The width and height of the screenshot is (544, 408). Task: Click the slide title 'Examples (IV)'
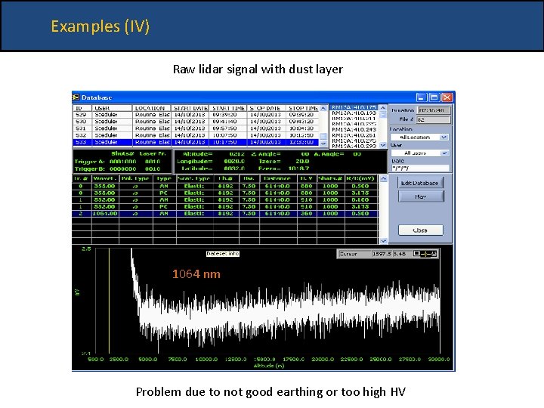pyautogui.click(x=100, y=26)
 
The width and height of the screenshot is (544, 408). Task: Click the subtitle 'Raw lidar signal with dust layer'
pyautogui.click(x=258, y=70)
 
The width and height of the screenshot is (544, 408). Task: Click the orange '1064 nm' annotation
pyautogui.click(x=196, y=274)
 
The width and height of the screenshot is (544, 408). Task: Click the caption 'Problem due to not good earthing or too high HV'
pyautogui.click(x=270, y=391)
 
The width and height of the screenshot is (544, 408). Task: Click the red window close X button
pyautogui.click(x=447, y=97)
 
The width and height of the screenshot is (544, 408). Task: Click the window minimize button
pyautogui.click(x=420, y=97)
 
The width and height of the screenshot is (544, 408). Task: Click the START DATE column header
pyautogui.click(x=191, y=109)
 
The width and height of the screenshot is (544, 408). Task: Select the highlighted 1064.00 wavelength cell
pyautogui.click(x=104, y=214)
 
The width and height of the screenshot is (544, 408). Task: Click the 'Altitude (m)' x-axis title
pyautogui.click(x=264, y=365)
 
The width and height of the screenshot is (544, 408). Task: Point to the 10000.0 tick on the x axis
pyautogui.click(x=205, y=360)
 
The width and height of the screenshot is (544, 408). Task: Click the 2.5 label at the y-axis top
pyautogui.click(x=85, y=249)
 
